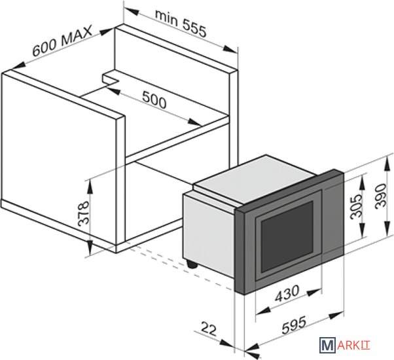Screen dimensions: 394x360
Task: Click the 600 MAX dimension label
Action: (62, 41)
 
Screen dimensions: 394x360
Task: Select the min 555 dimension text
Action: (181, 24)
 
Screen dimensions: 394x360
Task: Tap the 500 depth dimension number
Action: (154, 99)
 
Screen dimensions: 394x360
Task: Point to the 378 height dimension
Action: (84, 213)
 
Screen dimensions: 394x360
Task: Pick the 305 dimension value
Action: (357, 207)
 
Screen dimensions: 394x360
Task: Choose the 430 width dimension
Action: (287, 293)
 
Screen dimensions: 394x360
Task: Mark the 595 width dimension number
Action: (294, 325)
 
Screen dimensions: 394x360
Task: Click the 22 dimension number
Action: (209, 330)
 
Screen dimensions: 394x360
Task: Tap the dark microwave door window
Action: (287, 236)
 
